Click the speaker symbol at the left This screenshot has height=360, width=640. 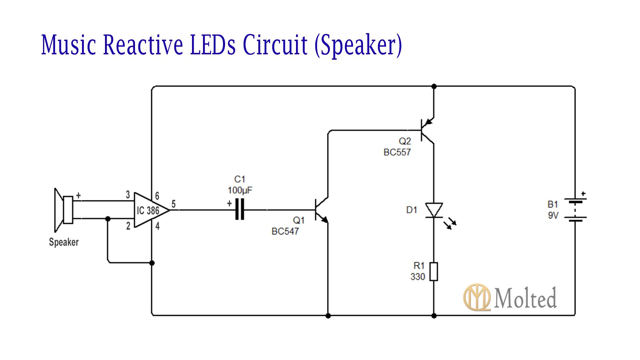(x=63, y=210)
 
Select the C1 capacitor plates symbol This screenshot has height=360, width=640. (x=239, y=210)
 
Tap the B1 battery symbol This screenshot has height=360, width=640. (x=575, y=210)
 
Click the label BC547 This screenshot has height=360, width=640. (x=285, y=231)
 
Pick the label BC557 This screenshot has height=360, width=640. (x=397, y=152)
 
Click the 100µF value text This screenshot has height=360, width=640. (x=240, y=190)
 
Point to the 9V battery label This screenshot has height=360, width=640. (x=553, y=216)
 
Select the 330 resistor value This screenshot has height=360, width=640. (x=418, y=277)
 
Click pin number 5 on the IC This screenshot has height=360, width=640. (x=173, y=204)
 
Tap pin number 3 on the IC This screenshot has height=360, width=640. (x=128, y=195)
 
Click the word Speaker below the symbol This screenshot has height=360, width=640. (x=64, y=242)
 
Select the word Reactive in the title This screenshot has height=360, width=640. (x=143, y=45)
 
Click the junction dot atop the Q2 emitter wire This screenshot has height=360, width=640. (x=434, y=86)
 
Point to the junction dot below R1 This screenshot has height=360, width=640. (x=434, y=315)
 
